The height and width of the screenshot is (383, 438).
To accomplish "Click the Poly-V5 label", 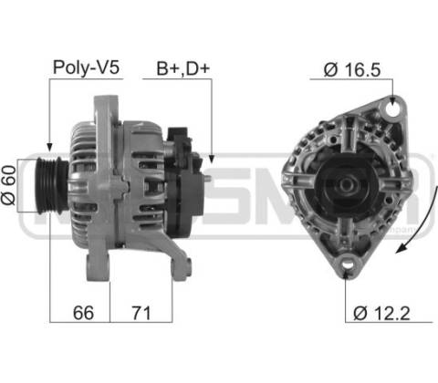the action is tap(86, 67).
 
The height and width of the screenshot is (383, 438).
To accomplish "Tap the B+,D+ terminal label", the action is tap(183, 68).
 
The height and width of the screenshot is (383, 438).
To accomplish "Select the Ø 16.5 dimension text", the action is tap(352, 69).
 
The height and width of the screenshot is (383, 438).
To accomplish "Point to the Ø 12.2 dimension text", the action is tap(381, 313).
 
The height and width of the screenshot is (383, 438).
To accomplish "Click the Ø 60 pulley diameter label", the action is tap(8, 185).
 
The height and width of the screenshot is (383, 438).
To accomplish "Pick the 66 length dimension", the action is tap(83, 313).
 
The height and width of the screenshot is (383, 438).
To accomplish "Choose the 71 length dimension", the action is tap(141, 313).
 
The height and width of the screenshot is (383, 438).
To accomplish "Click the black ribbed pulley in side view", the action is tap(51, 185).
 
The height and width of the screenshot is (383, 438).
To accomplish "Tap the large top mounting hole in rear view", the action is tap(392, 109).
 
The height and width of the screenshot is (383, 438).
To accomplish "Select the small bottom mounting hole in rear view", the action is tap(348, 264).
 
